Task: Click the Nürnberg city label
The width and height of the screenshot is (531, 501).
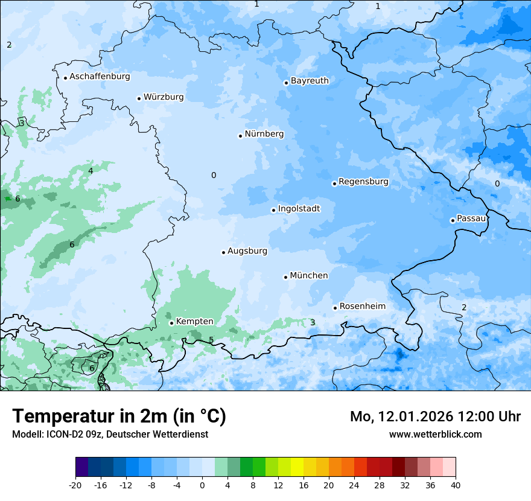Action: pos(264,134)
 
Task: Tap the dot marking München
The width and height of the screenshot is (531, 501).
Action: pos(286,277)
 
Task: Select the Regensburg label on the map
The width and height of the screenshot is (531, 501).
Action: pos(363,182)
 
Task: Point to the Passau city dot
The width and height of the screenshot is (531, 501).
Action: pos(453,220)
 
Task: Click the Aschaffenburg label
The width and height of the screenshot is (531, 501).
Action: pos(100,77)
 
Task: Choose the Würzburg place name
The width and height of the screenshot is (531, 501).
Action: pos(164,97)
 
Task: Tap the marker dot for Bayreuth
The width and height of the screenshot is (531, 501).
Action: pos(286,83)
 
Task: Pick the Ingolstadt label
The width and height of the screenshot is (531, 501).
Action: pos(299,209)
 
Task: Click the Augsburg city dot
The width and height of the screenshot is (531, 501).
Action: pos(223,252)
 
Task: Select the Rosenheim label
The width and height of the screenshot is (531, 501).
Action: pos(362,307)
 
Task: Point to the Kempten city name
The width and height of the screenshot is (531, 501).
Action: pos(194,322)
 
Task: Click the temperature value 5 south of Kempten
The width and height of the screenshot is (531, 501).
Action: pos(211,340)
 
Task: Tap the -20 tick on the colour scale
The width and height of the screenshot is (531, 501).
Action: pos(75,485)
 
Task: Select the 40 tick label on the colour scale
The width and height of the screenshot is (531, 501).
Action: pos(455,485)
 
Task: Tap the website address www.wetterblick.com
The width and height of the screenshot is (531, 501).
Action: pos(435,434)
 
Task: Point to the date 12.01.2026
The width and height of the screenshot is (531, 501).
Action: pos(416,416)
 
